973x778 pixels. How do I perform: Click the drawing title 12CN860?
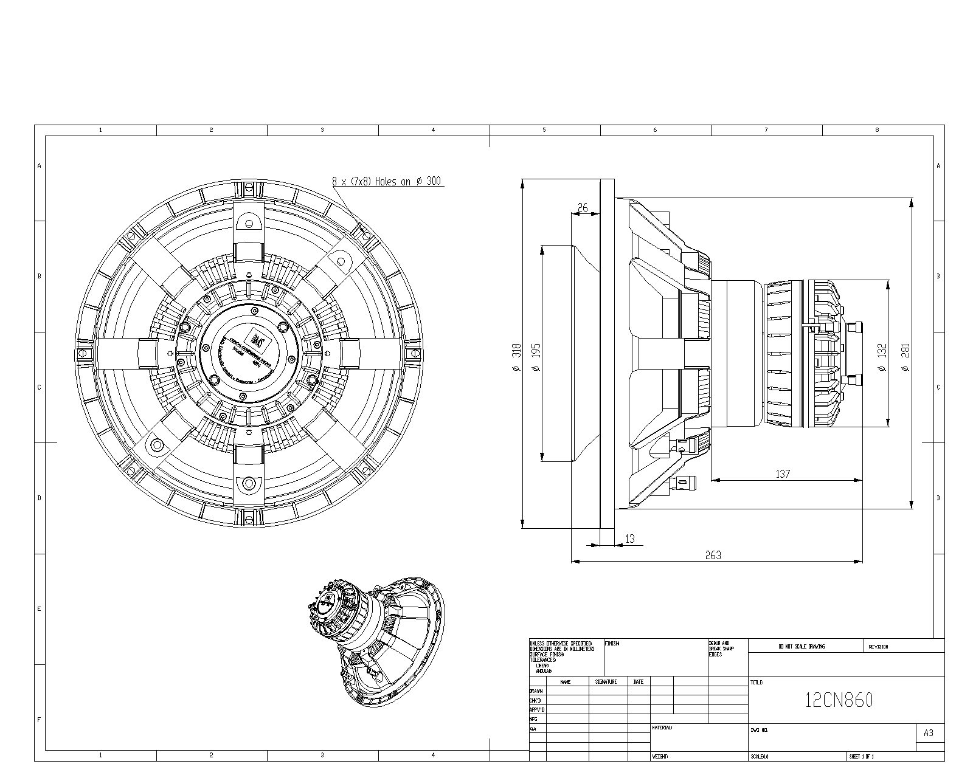click(x=839, y=701)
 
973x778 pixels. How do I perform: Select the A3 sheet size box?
click(x=928, y=733)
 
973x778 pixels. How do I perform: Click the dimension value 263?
click(x=713, y=555)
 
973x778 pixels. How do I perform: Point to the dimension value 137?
click(x=783, y=473)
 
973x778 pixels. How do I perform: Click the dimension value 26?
click(x=583, y=207)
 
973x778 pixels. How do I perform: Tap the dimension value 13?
click(x=629, y=539)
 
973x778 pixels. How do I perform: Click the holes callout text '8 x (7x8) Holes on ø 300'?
click(x=387, y=181)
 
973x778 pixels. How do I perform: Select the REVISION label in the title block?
click(x=878, y=647)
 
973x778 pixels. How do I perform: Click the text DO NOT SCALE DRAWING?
click(x=802, y=647)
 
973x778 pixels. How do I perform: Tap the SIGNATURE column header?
click(x=606, y=682)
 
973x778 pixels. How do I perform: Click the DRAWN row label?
click(x=536, y=691)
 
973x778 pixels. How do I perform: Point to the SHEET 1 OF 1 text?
click(x=861, y=757)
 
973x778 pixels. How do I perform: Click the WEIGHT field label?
click(x=660, y=757)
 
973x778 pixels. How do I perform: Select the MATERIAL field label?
click(x=662, y=728)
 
